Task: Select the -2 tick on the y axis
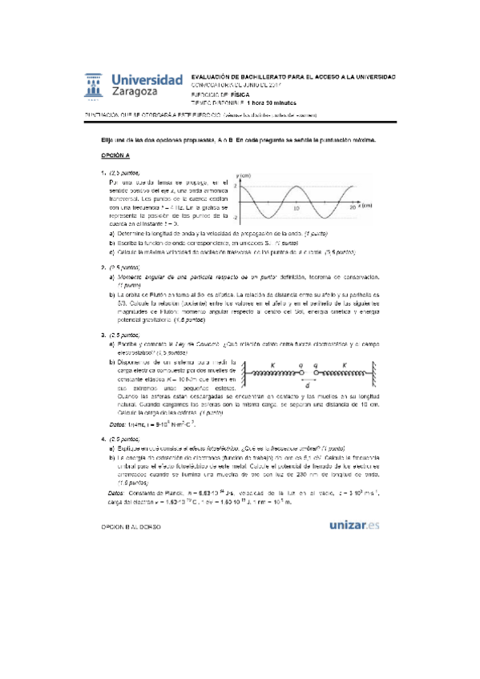237,218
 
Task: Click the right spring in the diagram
349,372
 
